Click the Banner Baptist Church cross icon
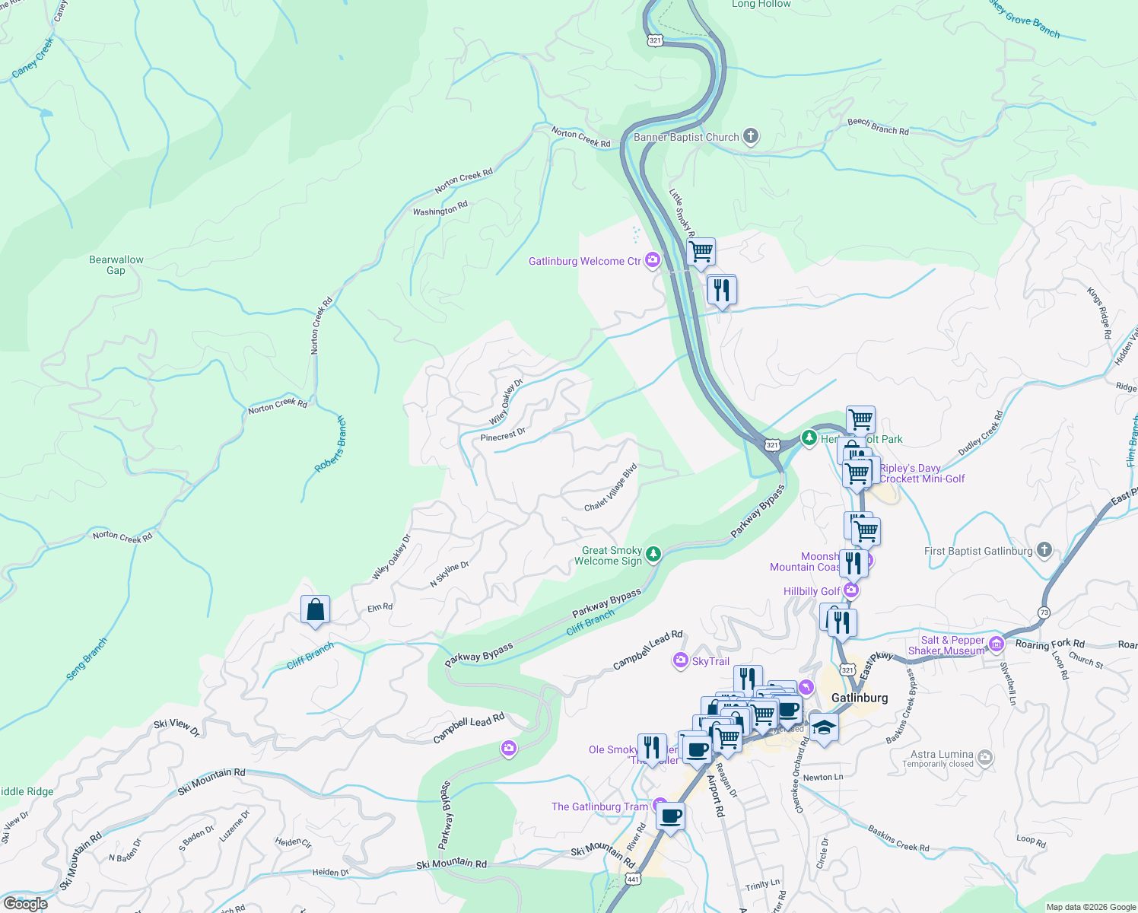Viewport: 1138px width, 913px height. point(751,137)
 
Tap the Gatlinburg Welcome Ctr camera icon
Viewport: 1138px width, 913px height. point(653,261)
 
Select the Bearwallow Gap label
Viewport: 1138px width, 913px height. point(116,265)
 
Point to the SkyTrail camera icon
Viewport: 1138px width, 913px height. point(681,661)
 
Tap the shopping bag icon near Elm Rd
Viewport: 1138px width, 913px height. point(315,610)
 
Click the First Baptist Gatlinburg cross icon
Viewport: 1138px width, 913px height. point(1044,550)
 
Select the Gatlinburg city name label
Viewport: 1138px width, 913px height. point(859,698)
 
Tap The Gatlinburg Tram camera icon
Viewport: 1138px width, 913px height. point(660,806)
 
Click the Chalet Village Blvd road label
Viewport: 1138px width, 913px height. point(611,488)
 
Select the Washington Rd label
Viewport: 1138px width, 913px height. point(440,208)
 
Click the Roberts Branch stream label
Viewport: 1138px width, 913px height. point(330,444)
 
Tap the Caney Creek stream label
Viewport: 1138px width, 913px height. point(33,58)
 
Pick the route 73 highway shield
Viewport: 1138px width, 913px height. point(1044,612)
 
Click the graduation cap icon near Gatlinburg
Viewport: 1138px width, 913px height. point(824,728)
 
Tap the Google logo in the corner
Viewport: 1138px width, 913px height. point(25,903)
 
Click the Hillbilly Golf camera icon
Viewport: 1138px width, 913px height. point(851,590)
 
